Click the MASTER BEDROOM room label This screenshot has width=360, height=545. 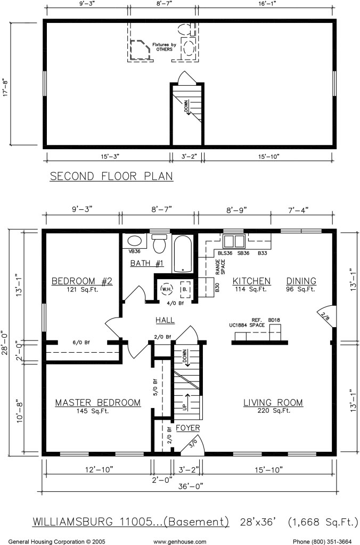click(x=98, y=403)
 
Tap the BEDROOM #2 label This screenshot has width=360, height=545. click(x=82, y=281)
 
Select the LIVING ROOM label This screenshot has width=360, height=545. click(x=273, y=403)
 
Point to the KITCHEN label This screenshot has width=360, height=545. click(x=251, y=281)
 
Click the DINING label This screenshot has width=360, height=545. click(x=301, y=281)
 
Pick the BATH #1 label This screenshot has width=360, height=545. click(x=147, y=263)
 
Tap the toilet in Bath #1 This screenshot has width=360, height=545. click(x=160, y=243)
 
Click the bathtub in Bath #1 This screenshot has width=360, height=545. click(x=183, y=254)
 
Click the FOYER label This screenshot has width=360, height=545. click(x=188, y=428)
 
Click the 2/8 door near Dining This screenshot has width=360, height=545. click(x=326, y=315)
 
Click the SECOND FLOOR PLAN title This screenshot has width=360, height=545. click(x=111, y=176)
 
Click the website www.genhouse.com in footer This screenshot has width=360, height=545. click(x=179, y=541)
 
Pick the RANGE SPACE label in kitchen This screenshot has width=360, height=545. click(x=220, y=267)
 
